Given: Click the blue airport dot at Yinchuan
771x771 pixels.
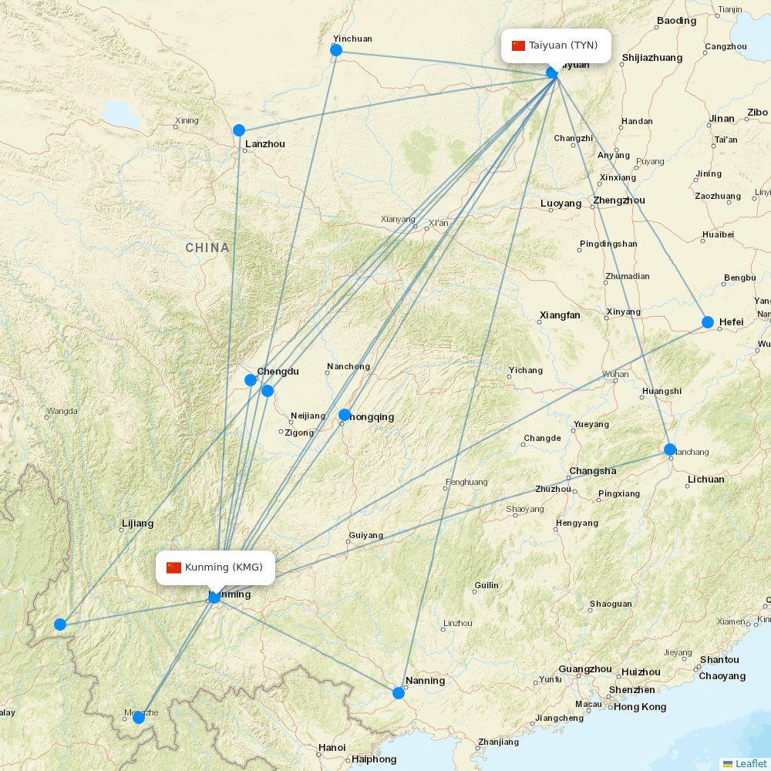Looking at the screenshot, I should click(336, 50).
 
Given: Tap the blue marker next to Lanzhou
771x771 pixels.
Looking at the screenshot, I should click(239, 130).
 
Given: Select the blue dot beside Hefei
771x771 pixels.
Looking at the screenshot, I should click(708, 322).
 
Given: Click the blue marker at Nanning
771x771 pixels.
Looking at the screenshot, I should click(399, 693).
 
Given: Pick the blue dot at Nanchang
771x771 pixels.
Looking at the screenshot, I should click(670, 449).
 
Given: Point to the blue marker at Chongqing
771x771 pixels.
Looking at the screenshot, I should click(345, 415).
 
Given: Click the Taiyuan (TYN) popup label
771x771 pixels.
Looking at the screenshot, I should click(556, 45).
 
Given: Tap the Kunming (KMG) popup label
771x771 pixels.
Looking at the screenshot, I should click(215, 567).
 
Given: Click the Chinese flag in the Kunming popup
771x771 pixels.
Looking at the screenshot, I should click(173, 567).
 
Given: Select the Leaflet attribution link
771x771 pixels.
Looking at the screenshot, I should click(750, 763).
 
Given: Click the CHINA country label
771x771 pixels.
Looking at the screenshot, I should click(207, 247).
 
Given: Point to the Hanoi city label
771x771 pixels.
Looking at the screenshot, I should click(332, 747).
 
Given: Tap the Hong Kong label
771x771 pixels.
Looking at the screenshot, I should click(640, 706).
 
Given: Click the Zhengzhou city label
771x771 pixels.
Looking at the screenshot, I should click(619, 200).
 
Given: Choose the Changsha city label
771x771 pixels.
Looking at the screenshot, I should click(592, 471).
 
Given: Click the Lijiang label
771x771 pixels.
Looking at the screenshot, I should click(137, 524).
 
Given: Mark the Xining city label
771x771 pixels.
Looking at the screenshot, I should click(187, 120).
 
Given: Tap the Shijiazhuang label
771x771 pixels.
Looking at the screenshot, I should click(651, 58).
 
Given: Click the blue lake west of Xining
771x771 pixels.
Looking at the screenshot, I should click(121, 115).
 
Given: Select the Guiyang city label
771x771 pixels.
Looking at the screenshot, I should click(365, 535).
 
